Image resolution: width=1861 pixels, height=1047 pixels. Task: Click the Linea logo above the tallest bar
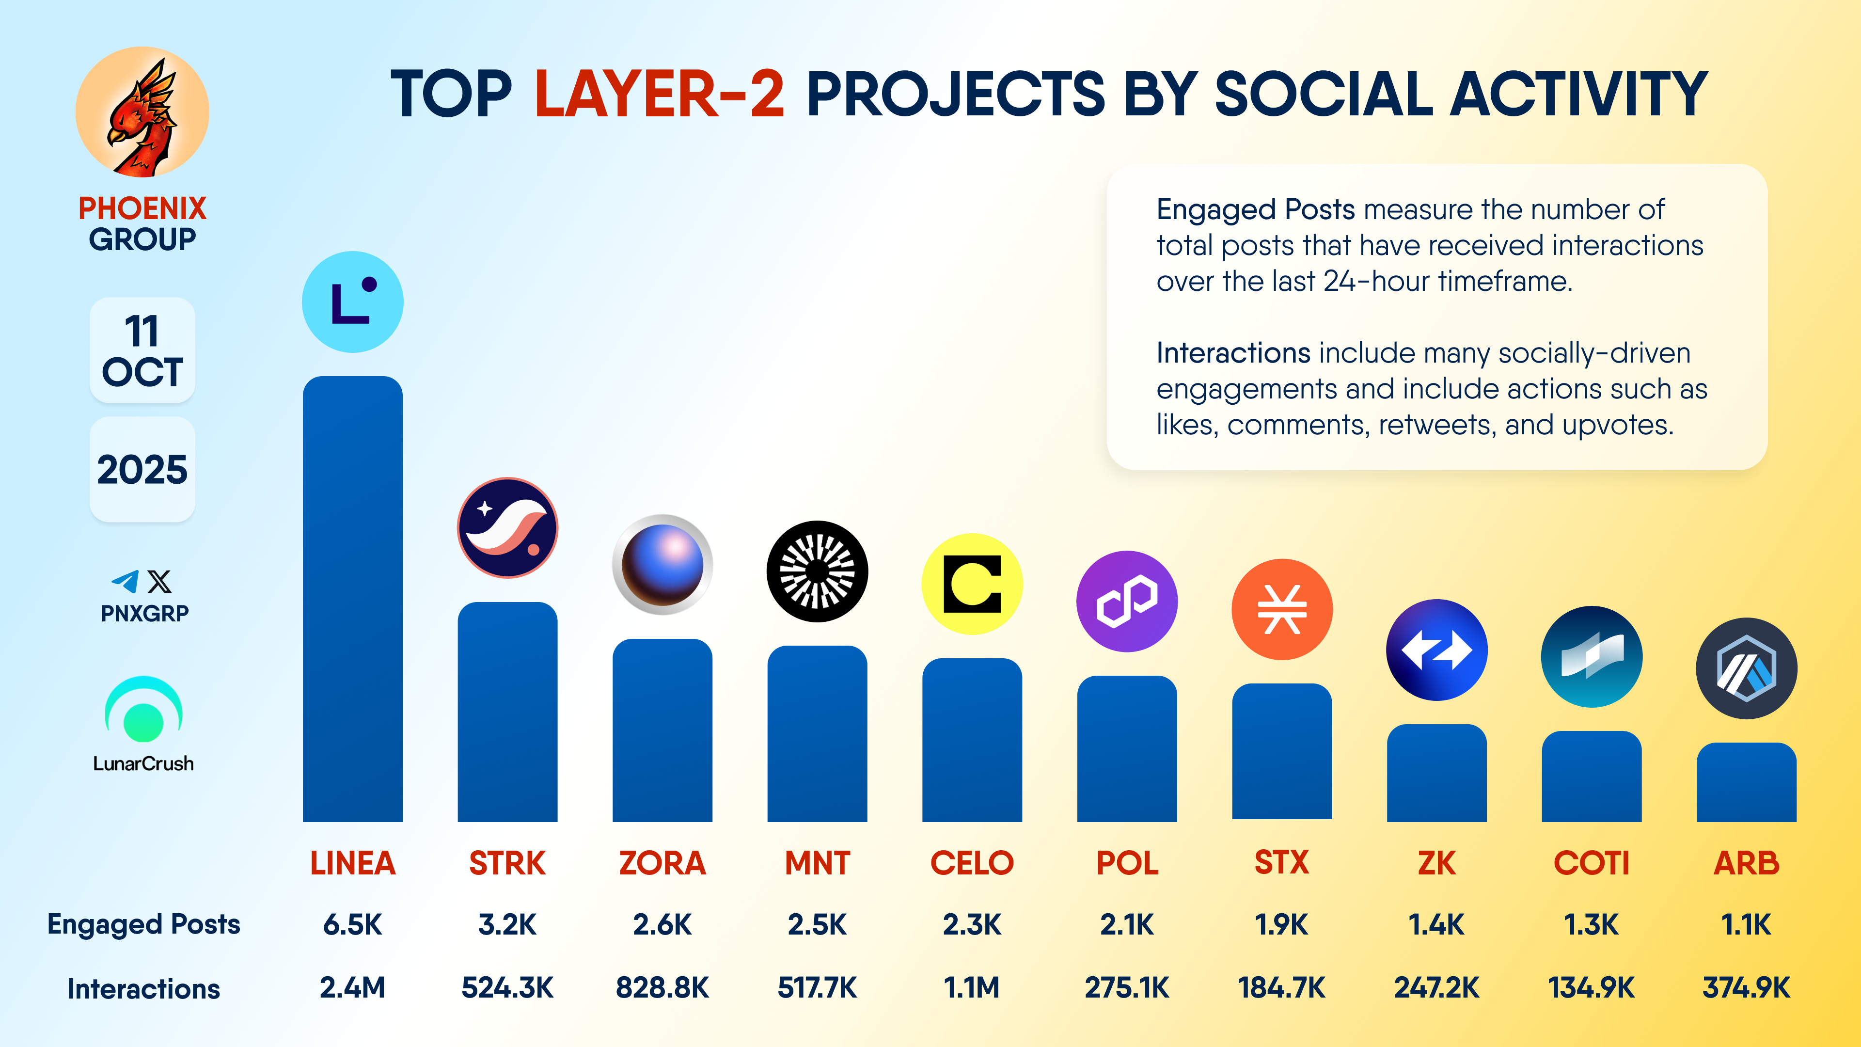(x=352, y=302)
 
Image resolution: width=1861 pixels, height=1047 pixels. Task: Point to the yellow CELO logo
(x=972, y=584)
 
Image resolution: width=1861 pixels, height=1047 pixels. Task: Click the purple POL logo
(x=1126, y=601)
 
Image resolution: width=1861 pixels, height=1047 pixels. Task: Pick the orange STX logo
(x=1281, y=609)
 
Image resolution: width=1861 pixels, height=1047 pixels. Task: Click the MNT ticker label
(x=817, y=863)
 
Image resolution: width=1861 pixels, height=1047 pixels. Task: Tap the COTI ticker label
(x=1592, y=863)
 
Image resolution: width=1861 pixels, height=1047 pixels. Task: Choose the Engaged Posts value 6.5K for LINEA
(x=352, y=924)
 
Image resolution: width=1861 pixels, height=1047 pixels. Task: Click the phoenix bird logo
(x=142, y=112)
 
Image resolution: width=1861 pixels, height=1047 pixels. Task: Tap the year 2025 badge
(x=142, y=470)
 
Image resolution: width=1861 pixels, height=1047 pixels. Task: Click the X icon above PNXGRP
(x=159, y=581)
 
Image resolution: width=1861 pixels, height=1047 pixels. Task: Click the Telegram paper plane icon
(x=126, y=581)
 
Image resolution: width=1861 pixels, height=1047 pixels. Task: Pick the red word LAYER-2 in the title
(x=659, y=94)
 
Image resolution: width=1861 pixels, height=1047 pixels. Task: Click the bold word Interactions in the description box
(x=1232, y=353)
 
